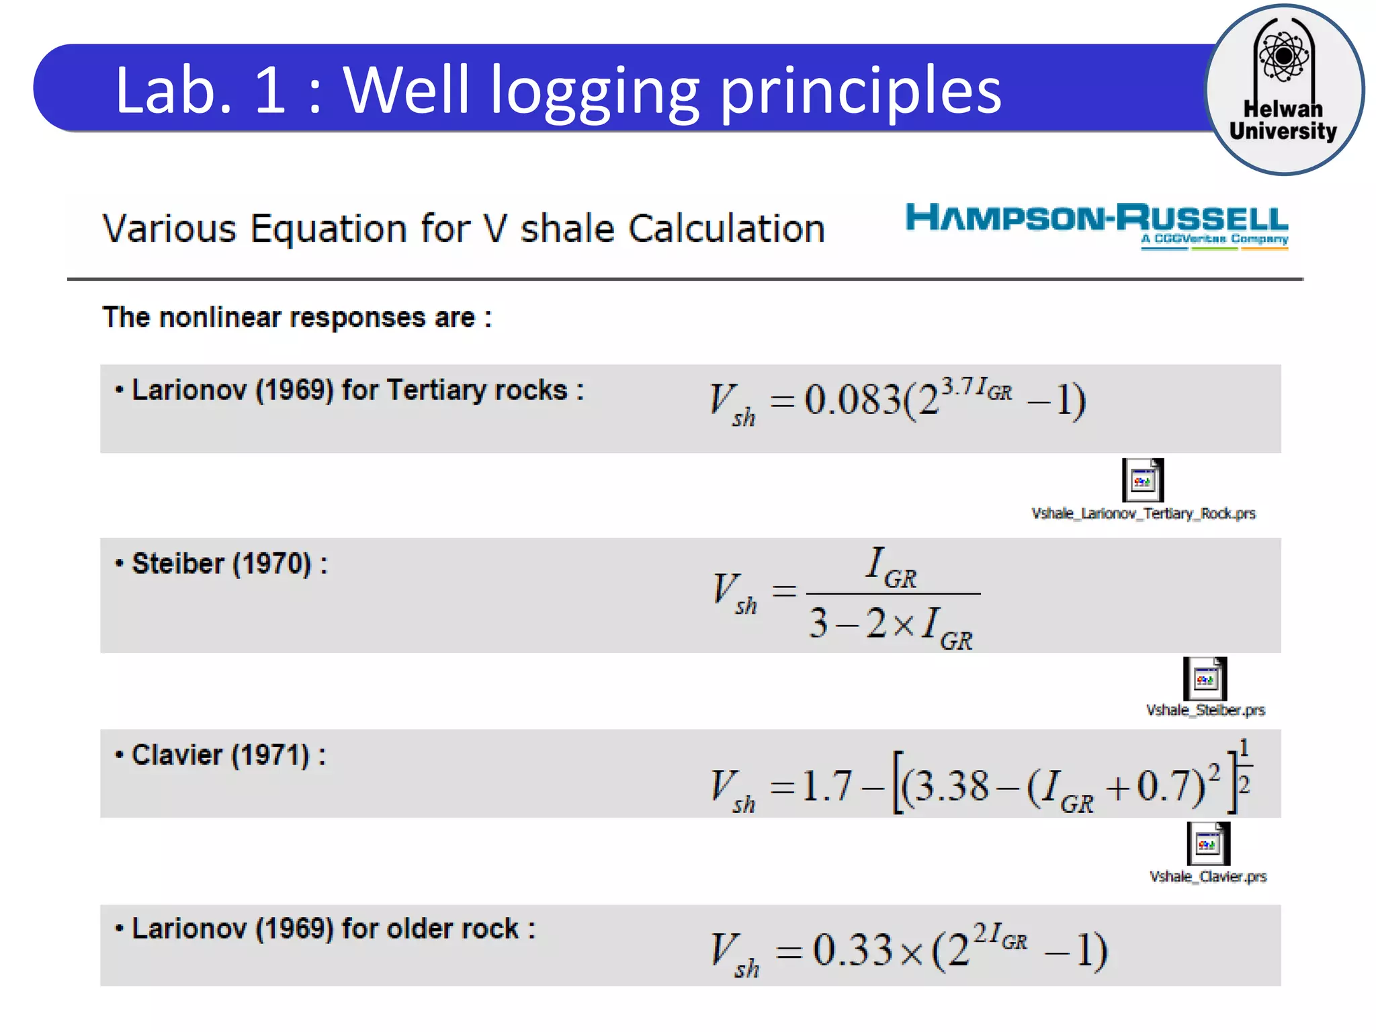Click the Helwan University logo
tap(1284, 89)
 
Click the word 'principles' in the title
tap(861, 91)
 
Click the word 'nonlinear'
tap(219, 317)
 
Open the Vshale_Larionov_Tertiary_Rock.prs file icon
tap(1142, 480)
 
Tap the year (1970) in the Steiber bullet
tap(271, 564)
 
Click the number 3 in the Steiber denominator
tap(818, 622)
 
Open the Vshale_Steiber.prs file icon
tap(1205, 679)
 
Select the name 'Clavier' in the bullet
tap(177, 755)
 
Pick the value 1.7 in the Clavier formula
tap(827, 786)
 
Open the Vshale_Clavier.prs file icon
tap(1208, 843)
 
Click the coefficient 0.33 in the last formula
tap(853, 950)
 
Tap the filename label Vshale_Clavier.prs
tap(1208, 876)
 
